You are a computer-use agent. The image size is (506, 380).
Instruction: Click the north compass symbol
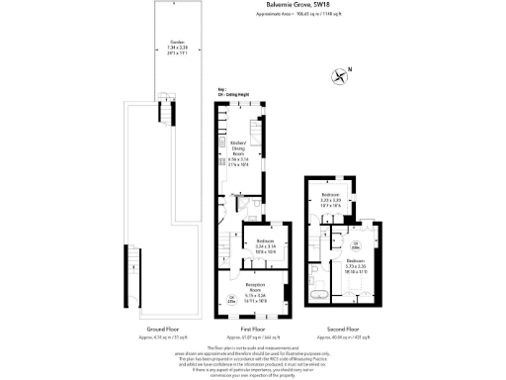point(341,75)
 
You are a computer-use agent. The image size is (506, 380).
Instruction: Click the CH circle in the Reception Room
point(231,299)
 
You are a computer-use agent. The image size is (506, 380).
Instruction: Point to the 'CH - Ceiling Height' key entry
point(229,95)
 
